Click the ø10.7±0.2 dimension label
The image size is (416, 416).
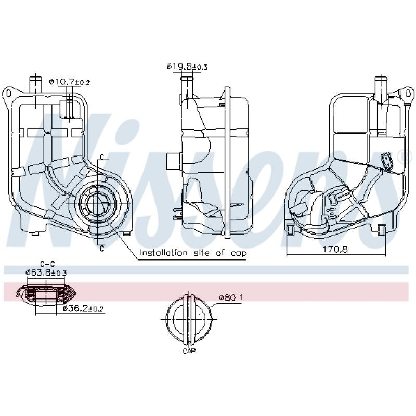[70, 82]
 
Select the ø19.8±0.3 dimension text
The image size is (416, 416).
[187, 67]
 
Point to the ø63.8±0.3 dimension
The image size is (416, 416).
[46, 272]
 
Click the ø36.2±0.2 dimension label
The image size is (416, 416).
[83, 309]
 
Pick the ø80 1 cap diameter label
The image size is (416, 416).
[231, 297]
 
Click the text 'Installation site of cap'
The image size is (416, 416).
[192, 253]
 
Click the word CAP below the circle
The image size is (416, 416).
[188, 352]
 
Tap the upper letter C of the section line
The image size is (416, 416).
[102, 157]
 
